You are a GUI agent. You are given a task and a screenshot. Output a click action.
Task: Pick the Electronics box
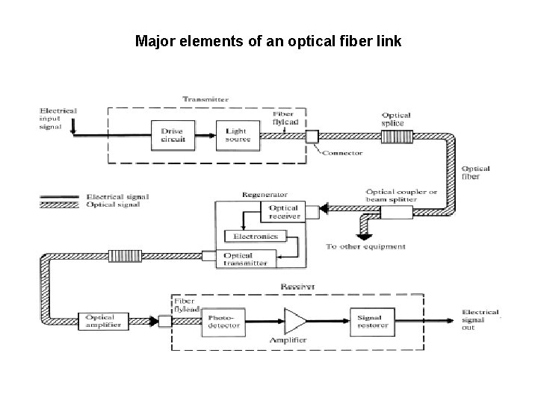256,237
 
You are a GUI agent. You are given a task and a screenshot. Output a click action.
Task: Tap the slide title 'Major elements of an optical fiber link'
268,41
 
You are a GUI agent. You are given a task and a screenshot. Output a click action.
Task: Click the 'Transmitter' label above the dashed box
205,99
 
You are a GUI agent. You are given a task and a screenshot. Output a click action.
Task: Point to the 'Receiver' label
297,287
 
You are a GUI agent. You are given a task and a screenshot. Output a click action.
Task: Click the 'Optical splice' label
398,119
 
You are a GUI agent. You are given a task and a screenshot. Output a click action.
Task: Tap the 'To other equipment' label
366,246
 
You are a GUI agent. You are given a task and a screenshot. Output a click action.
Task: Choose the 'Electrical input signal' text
58,118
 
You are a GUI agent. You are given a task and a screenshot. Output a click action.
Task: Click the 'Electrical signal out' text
478,319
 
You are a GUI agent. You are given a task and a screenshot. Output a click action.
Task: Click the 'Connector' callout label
343,153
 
